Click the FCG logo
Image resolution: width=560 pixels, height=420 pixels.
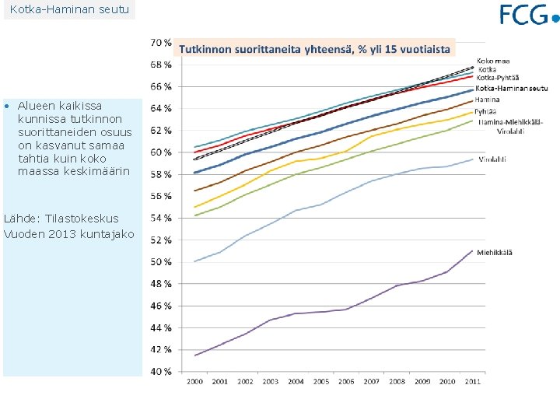(529, 14)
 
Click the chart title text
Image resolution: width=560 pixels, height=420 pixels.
(315, 49)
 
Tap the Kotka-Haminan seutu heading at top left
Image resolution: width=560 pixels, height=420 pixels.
(68, 9)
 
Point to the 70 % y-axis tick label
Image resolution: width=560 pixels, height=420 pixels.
(161, 41)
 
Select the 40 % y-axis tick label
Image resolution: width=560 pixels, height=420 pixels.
(161, 372)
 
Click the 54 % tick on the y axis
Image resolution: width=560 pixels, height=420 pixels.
(161, 218)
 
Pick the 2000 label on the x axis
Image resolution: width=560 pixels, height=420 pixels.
(194, 381)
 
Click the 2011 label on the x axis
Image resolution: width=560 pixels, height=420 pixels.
(473, 381)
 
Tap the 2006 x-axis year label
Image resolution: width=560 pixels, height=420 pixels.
(346, 381)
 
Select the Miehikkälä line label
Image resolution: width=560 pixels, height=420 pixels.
(495, 252)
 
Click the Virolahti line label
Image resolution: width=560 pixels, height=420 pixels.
(492, 159)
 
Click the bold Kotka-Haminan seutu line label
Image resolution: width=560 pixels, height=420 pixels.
(512, 88)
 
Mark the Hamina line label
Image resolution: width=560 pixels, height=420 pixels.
(488, 100)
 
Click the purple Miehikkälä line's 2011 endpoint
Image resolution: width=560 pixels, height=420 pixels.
(473, 250)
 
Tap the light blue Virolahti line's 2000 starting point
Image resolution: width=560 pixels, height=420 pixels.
(194, 261)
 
